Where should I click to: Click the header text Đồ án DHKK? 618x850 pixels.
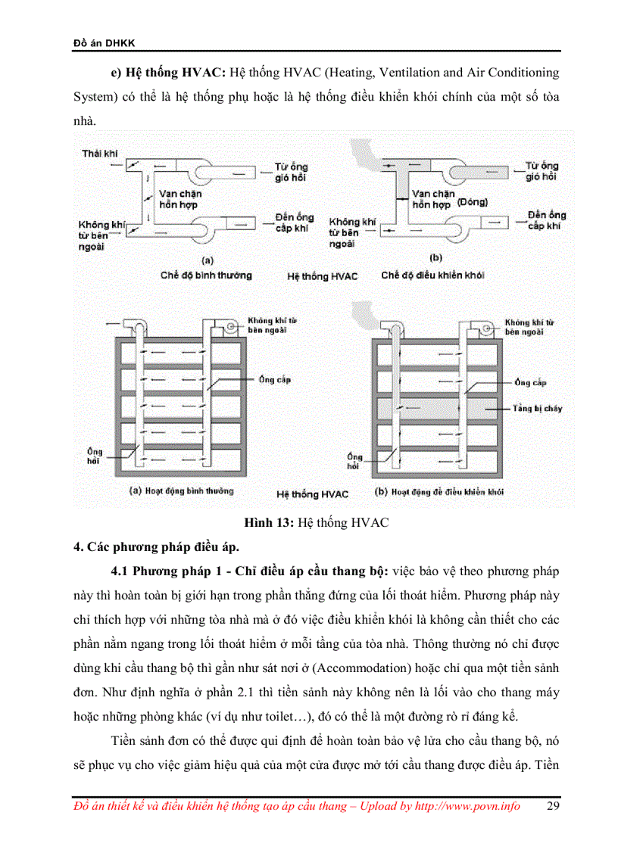click(98, 43)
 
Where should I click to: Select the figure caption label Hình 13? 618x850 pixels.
click(269, 523)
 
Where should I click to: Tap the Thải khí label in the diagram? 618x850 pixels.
click(100, 154)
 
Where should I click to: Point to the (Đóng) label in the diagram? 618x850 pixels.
click(473, 202)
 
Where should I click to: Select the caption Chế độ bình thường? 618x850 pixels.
click(206, 276)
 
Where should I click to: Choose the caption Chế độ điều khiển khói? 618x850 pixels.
click(432, 276)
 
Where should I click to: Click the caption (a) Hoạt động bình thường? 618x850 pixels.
click(183, 490)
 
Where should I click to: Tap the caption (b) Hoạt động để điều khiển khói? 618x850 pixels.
click(439, 491)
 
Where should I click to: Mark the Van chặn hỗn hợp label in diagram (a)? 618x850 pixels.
click(179, 199)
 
